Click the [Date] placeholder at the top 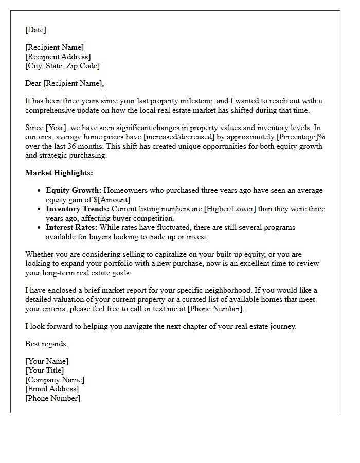[35, 30]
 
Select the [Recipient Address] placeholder [58, 57]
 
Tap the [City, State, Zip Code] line [62, 66]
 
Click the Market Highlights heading [59, 173]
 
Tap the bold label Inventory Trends [78, 209]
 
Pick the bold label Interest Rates [71, 227]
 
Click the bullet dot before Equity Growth [40, 190]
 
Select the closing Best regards [46, 344]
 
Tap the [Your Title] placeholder [45, 370]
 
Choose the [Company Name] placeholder [55, 380]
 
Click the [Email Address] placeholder [52, 389]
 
